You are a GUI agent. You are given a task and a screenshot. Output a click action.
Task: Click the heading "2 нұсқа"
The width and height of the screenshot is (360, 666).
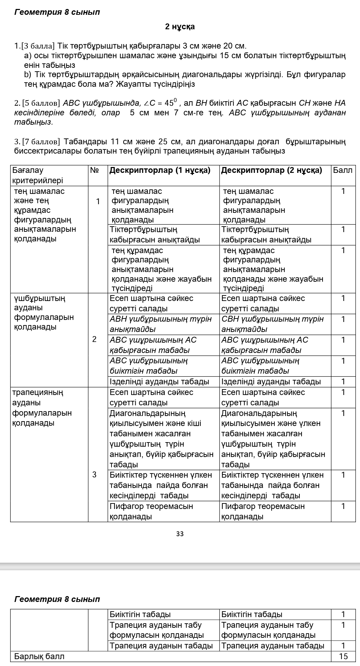(180, 27)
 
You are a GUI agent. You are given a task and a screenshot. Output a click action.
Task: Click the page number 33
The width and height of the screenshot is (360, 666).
(180, 534)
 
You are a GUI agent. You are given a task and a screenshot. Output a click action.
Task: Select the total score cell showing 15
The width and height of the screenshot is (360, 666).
(343, 656)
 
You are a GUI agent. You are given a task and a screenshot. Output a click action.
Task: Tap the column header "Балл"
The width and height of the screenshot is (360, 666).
(343, 170)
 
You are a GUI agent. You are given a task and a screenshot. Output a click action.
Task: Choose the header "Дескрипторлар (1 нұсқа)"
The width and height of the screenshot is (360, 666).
(160, 170)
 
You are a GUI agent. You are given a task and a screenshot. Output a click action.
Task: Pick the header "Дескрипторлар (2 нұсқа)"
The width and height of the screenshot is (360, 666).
(272, 170)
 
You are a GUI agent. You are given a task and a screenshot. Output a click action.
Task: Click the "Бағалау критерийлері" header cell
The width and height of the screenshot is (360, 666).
(38, 175)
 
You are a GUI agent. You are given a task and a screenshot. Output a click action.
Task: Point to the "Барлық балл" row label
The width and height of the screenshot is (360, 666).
(39, 656)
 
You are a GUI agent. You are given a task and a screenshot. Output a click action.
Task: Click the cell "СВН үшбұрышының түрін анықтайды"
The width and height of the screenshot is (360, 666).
(272, 324)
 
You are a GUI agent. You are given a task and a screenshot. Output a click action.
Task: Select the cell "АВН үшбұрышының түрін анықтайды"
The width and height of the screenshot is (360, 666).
(160, 324)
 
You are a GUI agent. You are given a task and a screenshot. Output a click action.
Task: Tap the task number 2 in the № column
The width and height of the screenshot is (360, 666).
(94, 340)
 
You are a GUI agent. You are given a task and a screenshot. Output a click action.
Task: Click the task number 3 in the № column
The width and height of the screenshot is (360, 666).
(94, 475)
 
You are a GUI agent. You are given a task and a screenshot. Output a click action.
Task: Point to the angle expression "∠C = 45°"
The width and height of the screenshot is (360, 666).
(161, 103)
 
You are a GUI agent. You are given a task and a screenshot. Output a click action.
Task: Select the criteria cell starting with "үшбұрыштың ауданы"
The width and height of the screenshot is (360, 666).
(43, 312)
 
